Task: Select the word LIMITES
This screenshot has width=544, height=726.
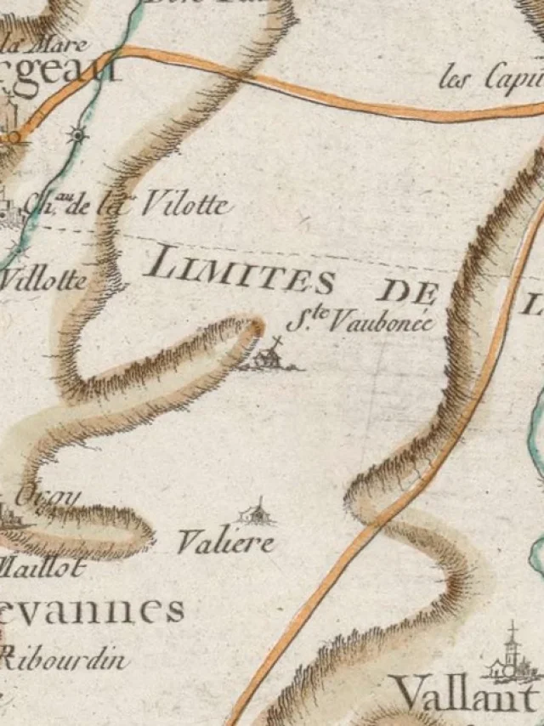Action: coord(239,271)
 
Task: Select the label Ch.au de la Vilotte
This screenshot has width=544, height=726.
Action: coord(127,205)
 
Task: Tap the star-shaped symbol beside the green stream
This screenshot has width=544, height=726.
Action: coord(78,133)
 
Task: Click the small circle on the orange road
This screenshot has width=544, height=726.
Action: coord(12,136)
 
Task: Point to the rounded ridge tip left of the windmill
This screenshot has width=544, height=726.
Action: coord(253,328)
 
